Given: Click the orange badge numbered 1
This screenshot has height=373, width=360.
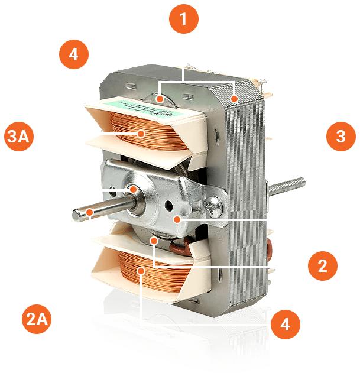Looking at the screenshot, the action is point(184,19).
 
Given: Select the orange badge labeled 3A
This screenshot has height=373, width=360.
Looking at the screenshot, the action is point(19,137).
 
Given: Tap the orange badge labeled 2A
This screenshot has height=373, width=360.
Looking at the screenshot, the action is point(37,319).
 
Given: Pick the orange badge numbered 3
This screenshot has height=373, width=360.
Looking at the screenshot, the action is point(341,137).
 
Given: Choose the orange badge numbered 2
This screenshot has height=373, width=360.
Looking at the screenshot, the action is point(323,266).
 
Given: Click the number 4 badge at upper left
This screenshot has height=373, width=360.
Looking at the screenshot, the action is point(74,54).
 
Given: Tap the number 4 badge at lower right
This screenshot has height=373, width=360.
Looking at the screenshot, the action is point(286,325).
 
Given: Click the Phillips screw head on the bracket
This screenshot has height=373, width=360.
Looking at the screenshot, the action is point(215,207).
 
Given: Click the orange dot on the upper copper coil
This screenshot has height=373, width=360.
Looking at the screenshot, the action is point(141,134).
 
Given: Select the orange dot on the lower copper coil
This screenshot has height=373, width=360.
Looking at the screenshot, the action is point(141,271).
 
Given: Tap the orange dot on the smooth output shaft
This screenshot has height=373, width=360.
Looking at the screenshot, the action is point(89,212).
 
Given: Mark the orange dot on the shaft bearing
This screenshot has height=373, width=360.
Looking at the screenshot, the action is point(133,189).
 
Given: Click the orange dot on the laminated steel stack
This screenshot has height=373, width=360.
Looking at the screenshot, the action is point(234,99).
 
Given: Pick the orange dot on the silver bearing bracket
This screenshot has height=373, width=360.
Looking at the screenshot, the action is point(177,219).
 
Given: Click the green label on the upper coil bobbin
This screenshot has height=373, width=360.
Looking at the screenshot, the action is point(153,108).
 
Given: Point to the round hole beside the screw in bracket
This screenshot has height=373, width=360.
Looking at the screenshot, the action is point(169,205).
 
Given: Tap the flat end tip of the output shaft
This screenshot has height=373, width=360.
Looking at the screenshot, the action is point(76,216).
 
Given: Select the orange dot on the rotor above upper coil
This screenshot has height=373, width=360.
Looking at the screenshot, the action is point(160,99).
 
